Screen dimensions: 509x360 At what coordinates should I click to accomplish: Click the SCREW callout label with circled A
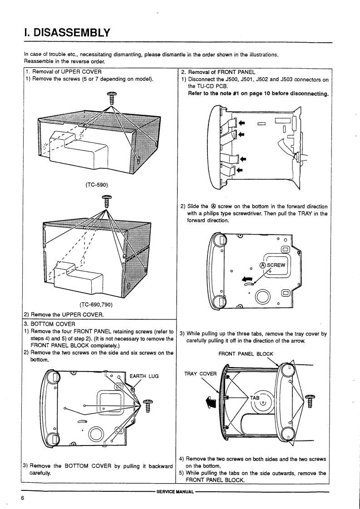tap(271, 265)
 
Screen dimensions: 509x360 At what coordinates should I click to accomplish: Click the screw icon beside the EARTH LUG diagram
tap(147, 405)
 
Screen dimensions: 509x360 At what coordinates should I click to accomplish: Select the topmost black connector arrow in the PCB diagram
tap(242, 122)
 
